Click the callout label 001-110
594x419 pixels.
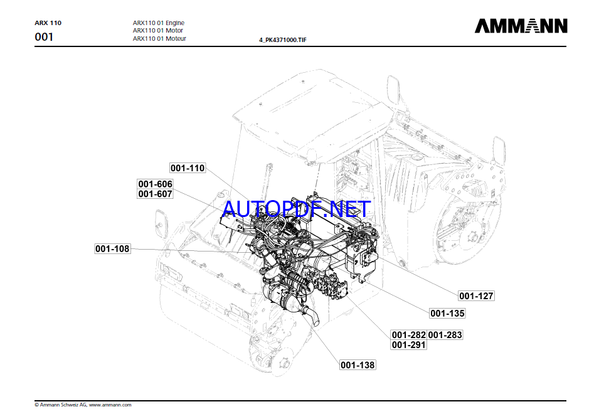coord(188,168)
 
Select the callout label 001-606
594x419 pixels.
coord(156,184)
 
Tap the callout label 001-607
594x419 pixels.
coord(156,194)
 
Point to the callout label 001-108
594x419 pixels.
coord(113,248)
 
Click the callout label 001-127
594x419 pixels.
coord(477,296)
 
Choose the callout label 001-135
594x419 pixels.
coord(448,313)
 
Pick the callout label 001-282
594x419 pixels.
coord(409,335)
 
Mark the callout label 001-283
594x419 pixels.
coord(445,335)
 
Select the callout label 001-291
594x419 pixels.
coord(409,345)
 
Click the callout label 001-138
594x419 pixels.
coord(358,364)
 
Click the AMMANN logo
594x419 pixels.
coord(521,26)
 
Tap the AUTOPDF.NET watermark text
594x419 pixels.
coord(297,208)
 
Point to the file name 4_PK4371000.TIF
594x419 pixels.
coord(283,40)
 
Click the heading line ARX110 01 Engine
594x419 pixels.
coord(159,23)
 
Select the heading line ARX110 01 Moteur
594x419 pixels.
coord(159,38)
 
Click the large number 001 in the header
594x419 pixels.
coord(44,37)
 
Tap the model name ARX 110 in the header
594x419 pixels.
coord(48,23)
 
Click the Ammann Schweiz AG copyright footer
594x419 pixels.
coord(61,405)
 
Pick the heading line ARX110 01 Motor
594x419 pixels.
coord(158,31)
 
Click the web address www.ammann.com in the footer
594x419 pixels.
coord(110,405)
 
